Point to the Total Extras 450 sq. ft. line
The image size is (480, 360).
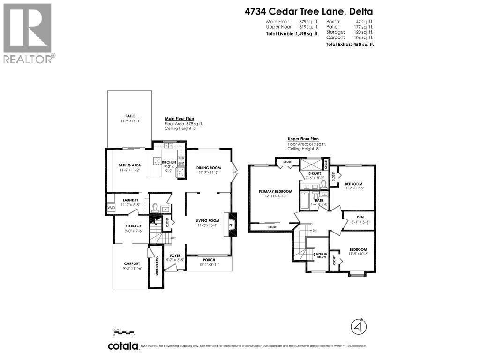click(350, 44)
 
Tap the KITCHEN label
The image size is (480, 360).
click(169, 162)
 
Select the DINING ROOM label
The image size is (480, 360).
click(209, 167)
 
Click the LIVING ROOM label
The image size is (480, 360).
click(208, 220)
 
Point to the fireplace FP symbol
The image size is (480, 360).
click(231, 225)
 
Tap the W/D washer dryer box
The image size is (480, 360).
click(111, 208)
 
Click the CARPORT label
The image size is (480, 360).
click(132, 263)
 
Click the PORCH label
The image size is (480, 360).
click(209, 260)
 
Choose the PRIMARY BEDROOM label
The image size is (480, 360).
click(275, 191)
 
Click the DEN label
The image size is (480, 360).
click(360, 217)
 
